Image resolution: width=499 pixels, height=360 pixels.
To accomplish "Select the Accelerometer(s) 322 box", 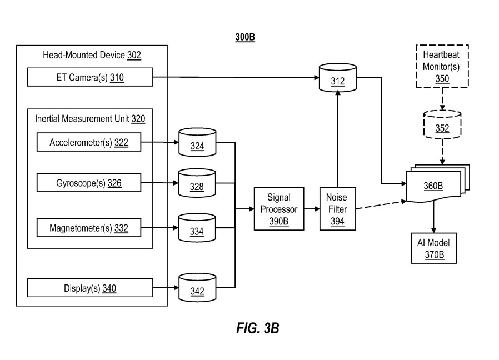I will coord(89,143).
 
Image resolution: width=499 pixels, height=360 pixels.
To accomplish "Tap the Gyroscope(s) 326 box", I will coord(89,182).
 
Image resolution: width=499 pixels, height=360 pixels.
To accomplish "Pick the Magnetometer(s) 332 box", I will coord(89,227).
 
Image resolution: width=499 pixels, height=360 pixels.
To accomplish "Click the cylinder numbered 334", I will coord(197,228).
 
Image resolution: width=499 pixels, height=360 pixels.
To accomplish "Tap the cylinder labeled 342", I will coord(197,288).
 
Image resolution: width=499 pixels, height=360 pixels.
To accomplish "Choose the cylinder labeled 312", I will coord(337,79).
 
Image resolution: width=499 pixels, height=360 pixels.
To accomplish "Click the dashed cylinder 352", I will coord(442,126).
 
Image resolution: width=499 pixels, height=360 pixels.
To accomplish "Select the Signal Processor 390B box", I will coord(278,209).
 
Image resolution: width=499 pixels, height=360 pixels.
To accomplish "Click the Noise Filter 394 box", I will coord(337,209).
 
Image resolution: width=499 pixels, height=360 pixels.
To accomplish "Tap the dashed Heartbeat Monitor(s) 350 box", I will coord(442,67).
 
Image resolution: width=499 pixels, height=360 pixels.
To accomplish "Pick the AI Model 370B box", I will coord(433,248).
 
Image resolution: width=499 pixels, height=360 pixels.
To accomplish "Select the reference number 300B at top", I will coord(245,37).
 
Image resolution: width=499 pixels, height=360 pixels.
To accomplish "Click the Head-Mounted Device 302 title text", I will coord(92,55).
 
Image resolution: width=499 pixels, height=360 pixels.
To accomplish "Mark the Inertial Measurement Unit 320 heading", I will coord(90,119).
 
